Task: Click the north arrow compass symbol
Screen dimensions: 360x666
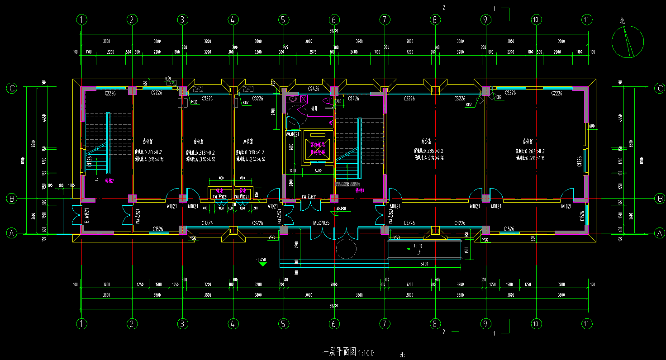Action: (x=628, y=42)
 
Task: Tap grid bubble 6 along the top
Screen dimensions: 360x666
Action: (x=334, y=19)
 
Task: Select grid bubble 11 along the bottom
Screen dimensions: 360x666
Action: (x=587, y=324)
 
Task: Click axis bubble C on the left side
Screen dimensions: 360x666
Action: (x=12, y=89)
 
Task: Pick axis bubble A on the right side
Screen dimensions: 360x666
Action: (x=660, y=233)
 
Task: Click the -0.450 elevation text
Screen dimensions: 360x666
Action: (x=262, y=260)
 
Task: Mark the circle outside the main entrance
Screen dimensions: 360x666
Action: (x=347, y=249)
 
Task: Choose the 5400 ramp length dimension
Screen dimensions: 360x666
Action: (x=424, y=263)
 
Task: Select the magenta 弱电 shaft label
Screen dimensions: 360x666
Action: (x=243, y=191)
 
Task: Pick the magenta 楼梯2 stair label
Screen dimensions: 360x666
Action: (x=109, y=180)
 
